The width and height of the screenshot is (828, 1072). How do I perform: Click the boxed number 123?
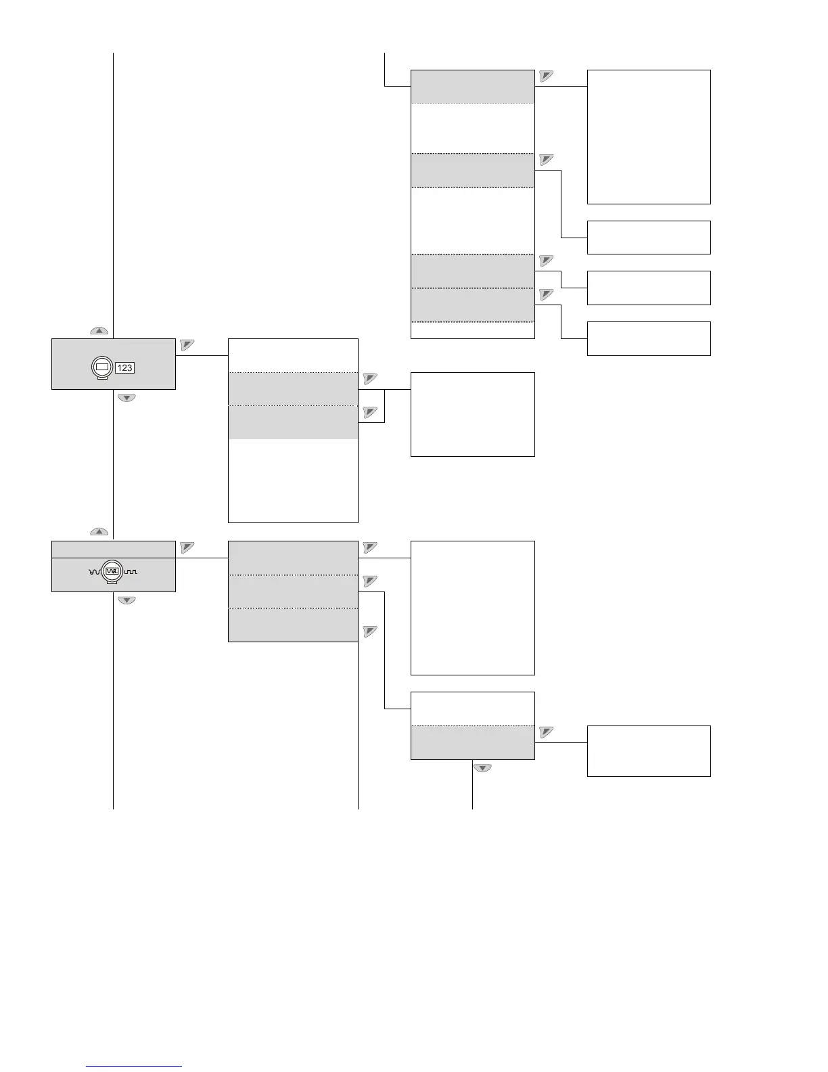pyautogui.click(x=124, y=367)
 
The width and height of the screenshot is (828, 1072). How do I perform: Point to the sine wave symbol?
pyautogui.click(x=94, y=573)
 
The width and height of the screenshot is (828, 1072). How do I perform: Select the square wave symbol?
pyautogui.click(x=131, y=573)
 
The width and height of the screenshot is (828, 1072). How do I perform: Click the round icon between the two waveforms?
pyautogui.click(x=112, y=573)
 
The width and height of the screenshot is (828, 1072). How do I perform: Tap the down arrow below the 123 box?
pyautogui.click(x=127, y=398)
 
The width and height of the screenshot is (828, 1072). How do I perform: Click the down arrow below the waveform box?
pyautogui.click(x=127, y=600)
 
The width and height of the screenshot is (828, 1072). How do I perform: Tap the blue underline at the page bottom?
pyautogui.click(x=135, y=1066)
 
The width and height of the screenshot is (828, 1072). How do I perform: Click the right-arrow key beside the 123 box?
pyautogui.click(x=187, y=345)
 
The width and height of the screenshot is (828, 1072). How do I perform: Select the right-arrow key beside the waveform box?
pyautogui.click(x=187, y=547)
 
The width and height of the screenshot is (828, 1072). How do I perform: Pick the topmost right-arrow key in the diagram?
pyautogui.click(x=547, y=76)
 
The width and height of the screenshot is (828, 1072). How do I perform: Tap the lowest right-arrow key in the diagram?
pyautogui.click(x=547, y=732)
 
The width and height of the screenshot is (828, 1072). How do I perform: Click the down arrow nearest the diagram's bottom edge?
pyautogui.click(x=482, y=768)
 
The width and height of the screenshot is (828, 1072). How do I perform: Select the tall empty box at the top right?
pyautogui.click(x=649, y=137)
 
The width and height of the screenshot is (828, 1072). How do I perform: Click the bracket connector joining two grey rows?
pyautogui.click(x=384, y=406)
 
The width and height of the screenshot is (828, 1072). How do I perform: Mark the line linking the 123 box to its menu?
pyautogui.click(x=202, y=355)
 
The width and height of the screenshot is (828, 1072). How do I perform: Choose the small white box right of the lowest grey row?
pyautogui.click(x=649, y=751)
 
